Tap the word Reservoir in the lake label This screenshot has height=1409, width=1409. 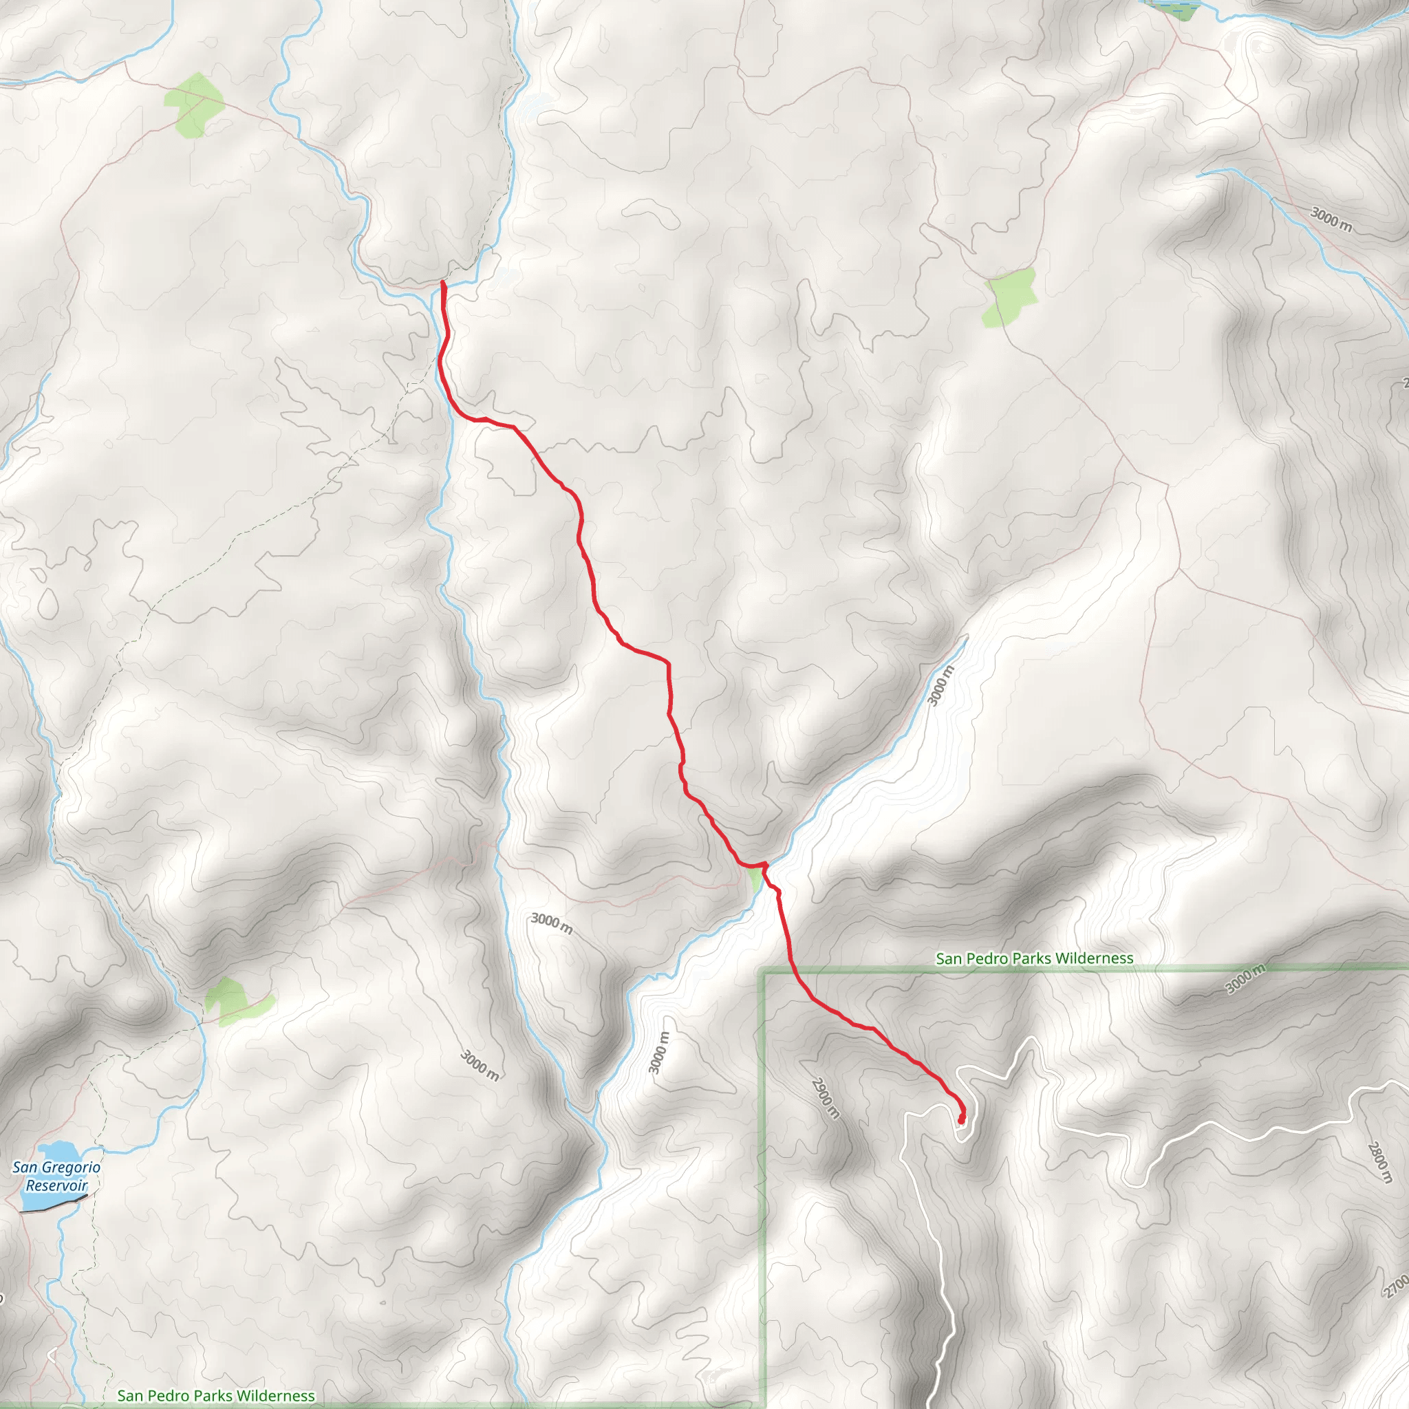(56, 1185)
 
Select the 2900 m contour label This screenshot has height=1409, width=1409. (826, 1097)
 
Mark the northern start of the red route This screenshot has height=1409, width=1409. (442, 283)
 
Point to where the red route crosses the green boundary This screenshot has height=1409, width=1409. (792, 971)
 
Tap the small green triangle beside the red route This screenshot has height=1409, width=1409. (755, 880)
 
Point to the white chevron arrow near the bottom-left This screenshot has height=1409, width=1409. (52, 1355)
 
